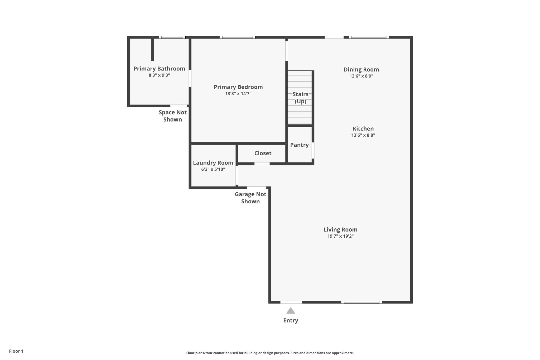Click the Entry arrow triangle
pyautogui.click(x=291, y=311)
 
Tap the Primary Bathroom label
pyautogui.click(x=159, y=69)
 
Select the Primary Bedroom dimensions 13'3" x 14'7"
pyautogui.click(x=238, y=94)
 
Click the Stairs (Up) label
pyautogui.click(x=300, y=98)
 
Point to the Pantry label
pyautogui.click(x=299, y=145)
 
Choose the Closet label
pyautogui.click(x=263, y=153)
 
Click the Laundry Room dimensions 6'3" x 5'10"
pyautogui.click(x=213, y=169)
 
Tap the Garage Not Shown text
pyautogui.click(x=250, y=198)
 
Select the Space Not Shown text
pyautogui.click(x=172, y=116)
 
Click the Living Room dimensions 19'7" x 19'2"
pyautogui.click(x=340, y=236)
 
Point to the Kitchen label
pyautogui.click(x=363, y=129)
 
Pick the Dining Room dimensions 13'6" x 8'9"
pyautogui.click(x=361, y=76)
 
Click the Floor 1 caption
pyautogui.click(x=16, y=351)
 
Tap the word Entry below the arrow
pyautogui.click(x=291, y=320)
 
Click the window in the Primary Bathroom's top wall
pyautogui.click(x=172, y=37)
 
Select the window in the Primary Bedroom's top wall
pyautogui.click(x=237, y=37)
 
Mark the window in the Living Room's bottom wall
pyautogui.click(x=361, y=302)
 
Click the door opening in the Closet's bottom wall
pyautogui.click(x=262, y=164)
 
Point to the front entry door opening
pyautogui.click(x=291, y=302)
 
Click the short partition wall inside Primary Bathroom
pyautogui.click(x=152, y=49)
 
